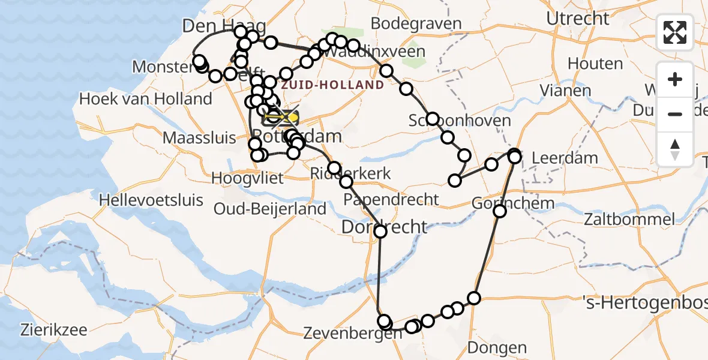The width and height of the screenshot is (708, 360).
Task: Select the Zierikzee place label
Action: (x=53, y=329)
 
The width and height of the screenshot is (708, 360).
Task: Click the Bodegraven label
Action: (x=416, y=23)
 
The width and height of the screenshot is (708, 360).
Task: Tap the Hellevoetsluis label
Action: (x=152, y=199)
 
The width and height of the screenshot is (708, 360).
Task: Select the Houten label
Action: (x=595, y=63)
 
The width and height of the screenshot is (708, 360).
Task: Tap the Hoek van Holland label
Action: (x=146, y=98)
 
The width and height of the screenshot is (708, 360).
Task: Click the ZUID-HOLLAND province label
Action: (x=332, y=85)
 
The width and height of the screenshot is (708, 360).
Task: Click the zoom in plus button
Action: (x=675, y=79)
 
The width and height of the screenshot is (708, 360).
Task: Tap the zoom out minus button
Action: (x=675, y=114)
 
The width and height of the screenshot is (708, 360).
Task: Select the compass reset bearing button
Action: (x=675, y=149)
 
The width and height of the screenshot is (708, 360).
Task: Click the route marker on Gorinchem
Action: (x=499, y=211)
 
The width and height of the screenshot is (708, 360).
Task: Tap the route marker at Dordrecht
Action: (x=380, y=231)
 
